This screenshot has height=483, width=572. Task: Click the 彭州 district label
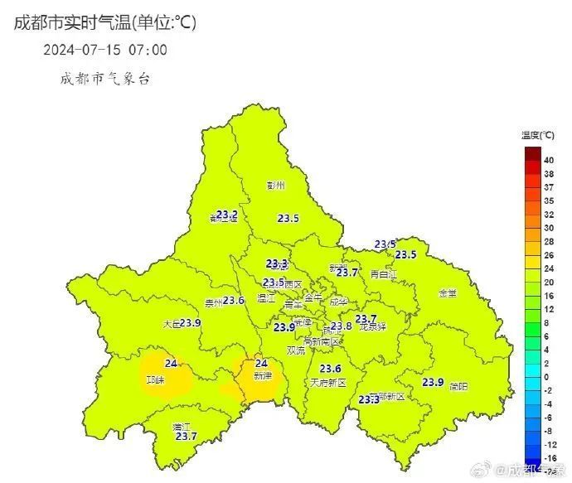[x=275, y=186]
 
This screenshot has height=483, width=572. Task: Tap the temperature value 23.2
[x=227, y=215]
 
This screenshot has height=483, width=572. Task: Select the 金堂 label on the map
[x=448, y=293]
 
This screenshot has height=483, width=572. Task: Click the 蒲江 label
[x=182, y=427]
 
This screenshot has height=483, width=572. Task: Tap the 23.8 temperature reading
[x=342, y=326]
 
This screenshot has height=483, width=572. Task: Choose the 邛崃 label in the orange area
[x=155, y=380]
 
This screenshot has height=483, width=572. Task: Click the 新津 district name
[x=263, y=375]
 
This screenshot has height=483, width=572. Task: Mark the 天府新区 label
[x=327, y=383]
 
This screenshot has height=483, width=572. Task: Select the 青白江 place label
[x=384, y=274]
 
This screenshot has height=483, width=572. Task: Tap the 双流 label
[x=296, y=350]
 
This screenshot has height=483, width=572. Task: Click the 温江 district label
[x=266, y=297]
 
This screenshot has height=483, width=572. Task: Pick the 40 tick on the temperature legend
[x=549, y=161]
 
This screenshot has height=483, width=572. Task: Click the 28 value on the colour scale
[x=549, y=241]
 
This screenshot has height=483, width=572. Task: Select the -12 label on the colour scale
[x=549, y=444]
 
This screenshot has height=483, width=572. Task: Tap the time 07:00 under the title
[x=148, y=50]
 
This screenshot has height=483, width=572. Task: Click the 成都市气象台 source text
[x=104, y=79]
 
